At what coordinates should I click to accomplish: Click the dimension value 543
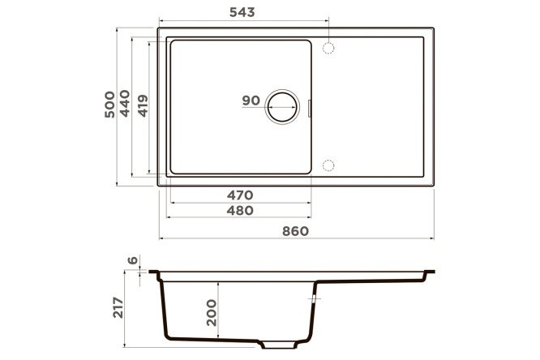pyautogui.click(x=242, y=12)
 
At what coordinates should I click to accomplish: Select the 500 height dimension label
pyautogui.click(x=109, y=105)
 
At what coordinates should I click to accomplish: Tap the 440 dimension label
pyautogui.click(x=125, y=103)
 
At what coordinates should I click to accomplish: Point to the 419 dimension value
pyautogui.click(x=143, y=105)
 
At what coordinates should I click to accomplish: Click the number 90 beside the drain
pyautogui.click(x=251, y=101)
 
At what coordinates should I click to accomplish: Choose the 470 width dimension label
pyautogui.click(x=240, y=195)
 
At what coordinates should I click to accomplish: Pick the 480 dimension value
pyautogui.click(x=240, y=211)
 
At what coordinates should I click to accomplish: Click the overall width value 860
pyautogui.click(x=295, y=231)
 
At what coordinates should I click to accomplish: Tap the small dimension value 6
pyautogui.click(x=133, y=260)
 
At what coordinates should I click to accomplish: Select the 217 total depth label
pyautogui.click(x=118, y=307)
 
